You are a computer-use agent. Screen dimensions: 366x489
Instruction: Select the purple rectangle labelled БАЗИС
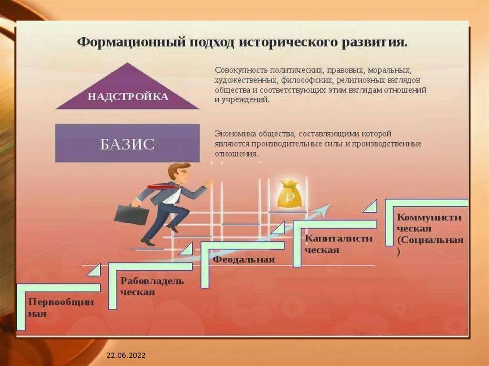[x=127, y=143]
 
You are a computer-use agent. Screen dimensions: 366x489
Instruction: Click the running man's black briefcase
[x=131, y=215]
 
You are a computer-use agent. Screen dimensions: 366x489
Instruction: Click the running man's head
[x=179, y=172]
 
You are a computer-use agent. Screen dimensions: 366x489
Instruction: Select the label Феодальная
[x=244, y=260]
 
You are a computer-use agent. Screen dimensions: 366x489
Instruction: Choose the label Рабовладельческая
[x=152, y=286]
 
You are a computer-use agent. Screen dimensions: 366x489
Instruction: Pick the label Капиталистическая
[x=339, y=244]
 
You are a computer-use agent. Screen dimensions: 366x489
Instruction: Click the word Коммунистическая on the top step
[x=429, y=222]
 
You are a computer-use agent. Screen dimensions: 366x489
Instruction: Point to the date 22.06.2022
[x=126, y=356]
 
